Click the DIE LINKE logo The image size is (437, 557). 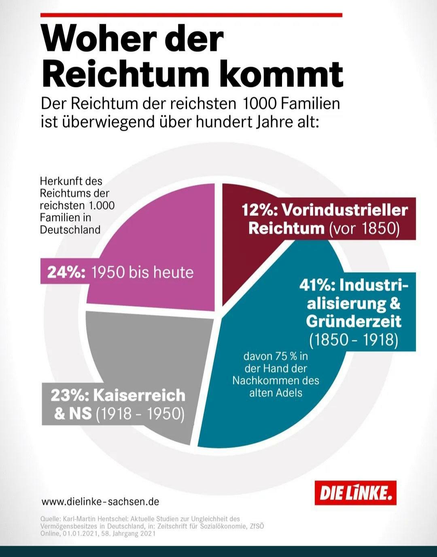click(355, 493)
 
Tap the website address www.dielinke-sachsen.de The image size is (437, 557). click(100, 502)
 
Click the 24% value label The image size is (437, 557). click(66, 272)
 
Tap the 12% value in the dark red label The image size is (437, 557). click(257, 210)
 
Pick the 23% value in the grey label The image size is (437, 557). click(68, 395)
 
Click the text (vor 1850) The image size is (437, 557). click(364, 228)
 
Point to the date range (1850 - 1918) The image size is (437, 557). click(354, 339)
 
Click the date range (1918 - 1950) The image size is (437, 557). click(140, 414)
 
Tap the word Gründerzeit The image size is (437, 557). click(354, 321)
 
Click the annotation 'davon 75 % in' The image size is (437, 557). click(276, 356)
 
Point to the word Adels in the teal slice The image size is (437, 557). click(290, 393)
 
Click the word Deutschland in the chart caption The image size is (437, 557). click(70, 230)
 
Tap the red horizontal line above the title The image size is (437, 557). click(191, 15)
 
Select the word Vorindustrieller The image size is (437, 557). click(345, 210)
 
